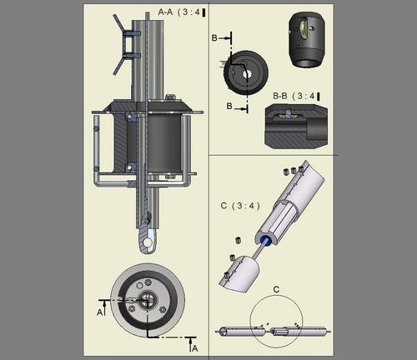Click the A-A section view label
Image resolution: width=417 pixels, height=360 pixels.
coord(165,12)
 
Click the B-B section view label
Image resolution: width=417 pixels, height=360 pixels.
coord(280,96)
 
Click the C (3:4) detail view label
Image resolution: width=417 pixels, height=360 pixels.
coord(240,206)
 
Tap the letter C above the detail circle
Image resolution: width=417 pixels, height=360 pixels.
coord(276,290)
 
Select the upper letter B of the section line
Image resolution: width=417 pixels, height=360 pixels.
coord(214,37)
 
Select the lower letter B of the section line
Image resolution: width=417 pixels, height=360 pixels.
coord(229,106)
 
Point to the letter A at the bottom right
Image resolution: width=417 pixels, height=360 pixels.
coord(195,348)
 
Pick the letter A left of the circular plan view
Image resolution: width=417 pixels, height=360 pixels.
coord(99,312)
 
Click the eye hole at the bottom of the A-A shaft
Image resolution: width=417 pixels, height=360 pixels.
coord(148,242)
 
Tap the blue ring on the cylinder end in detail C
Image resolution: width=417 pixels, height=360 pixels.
coord(267,240)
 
